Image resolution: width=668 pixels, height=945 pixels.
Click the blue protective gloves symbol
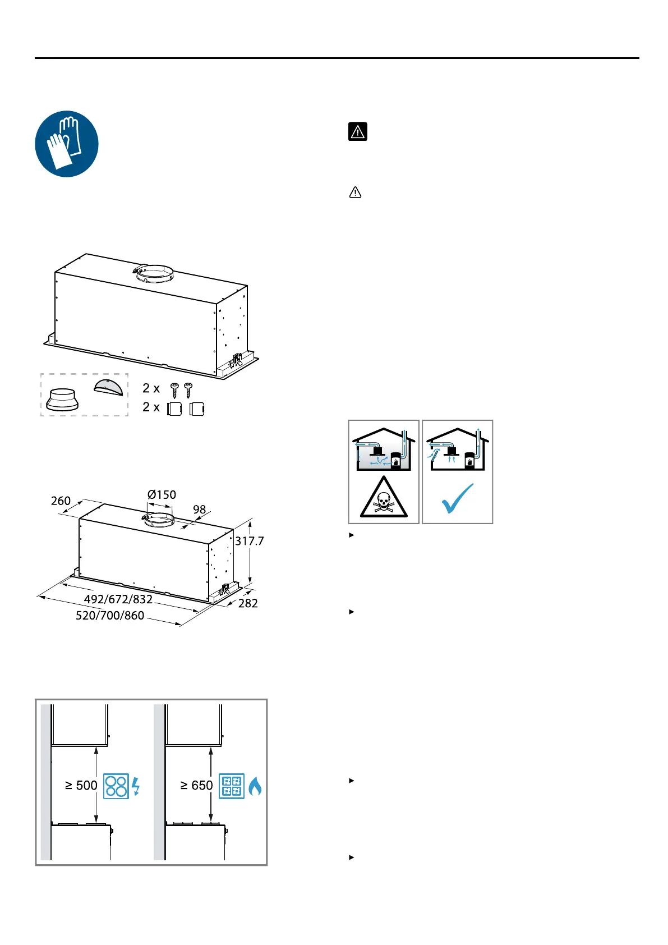(67, 144)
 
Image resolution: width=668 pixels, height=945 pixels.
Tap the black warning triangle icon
(357, 131)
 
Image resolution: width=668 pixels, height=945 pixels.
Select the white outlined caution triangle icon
(355, 192)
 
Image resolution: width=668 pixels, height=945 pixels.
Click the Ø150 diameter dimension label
(162, 494)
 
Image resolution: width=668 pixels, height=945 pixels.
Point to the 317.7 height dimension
(249, 541)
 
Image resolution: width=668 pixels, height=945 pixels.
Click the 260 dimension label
(61, 501)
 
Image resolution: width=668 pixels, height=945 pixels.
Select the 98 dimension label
(200, 510)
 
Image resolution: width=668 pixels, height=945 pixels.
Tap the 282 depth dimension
(248, 603)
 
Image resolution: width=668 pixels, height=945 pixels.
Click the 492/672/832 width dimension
(118, 599)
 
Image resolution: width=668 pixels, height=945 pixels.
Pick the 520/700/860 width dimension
(110, 616)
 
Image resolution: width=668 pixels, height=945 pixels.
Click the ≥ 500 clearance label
(81, 785)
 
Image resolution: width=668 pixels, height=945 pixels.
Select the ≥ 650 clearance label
(196, 785)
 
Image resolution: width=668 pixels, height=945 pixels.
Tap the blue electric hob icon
(116, 786)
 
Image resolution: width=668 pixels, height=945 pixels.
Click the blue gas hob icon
(232, 786)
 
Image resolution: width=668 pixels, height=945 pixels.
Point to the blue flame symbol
(255, 786)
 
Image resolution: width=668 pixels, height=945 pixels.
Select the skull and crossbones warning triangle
(384, 498)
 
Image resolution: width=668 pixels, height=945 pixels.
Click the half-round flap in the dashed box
(108, 387)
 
